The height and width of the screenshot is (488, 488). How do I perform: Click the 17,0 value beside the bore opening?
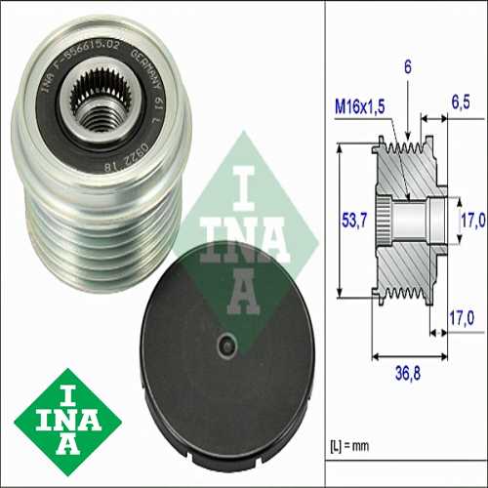472,220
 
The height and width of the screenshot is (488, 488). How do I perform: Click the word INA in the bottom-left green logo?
68,417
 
